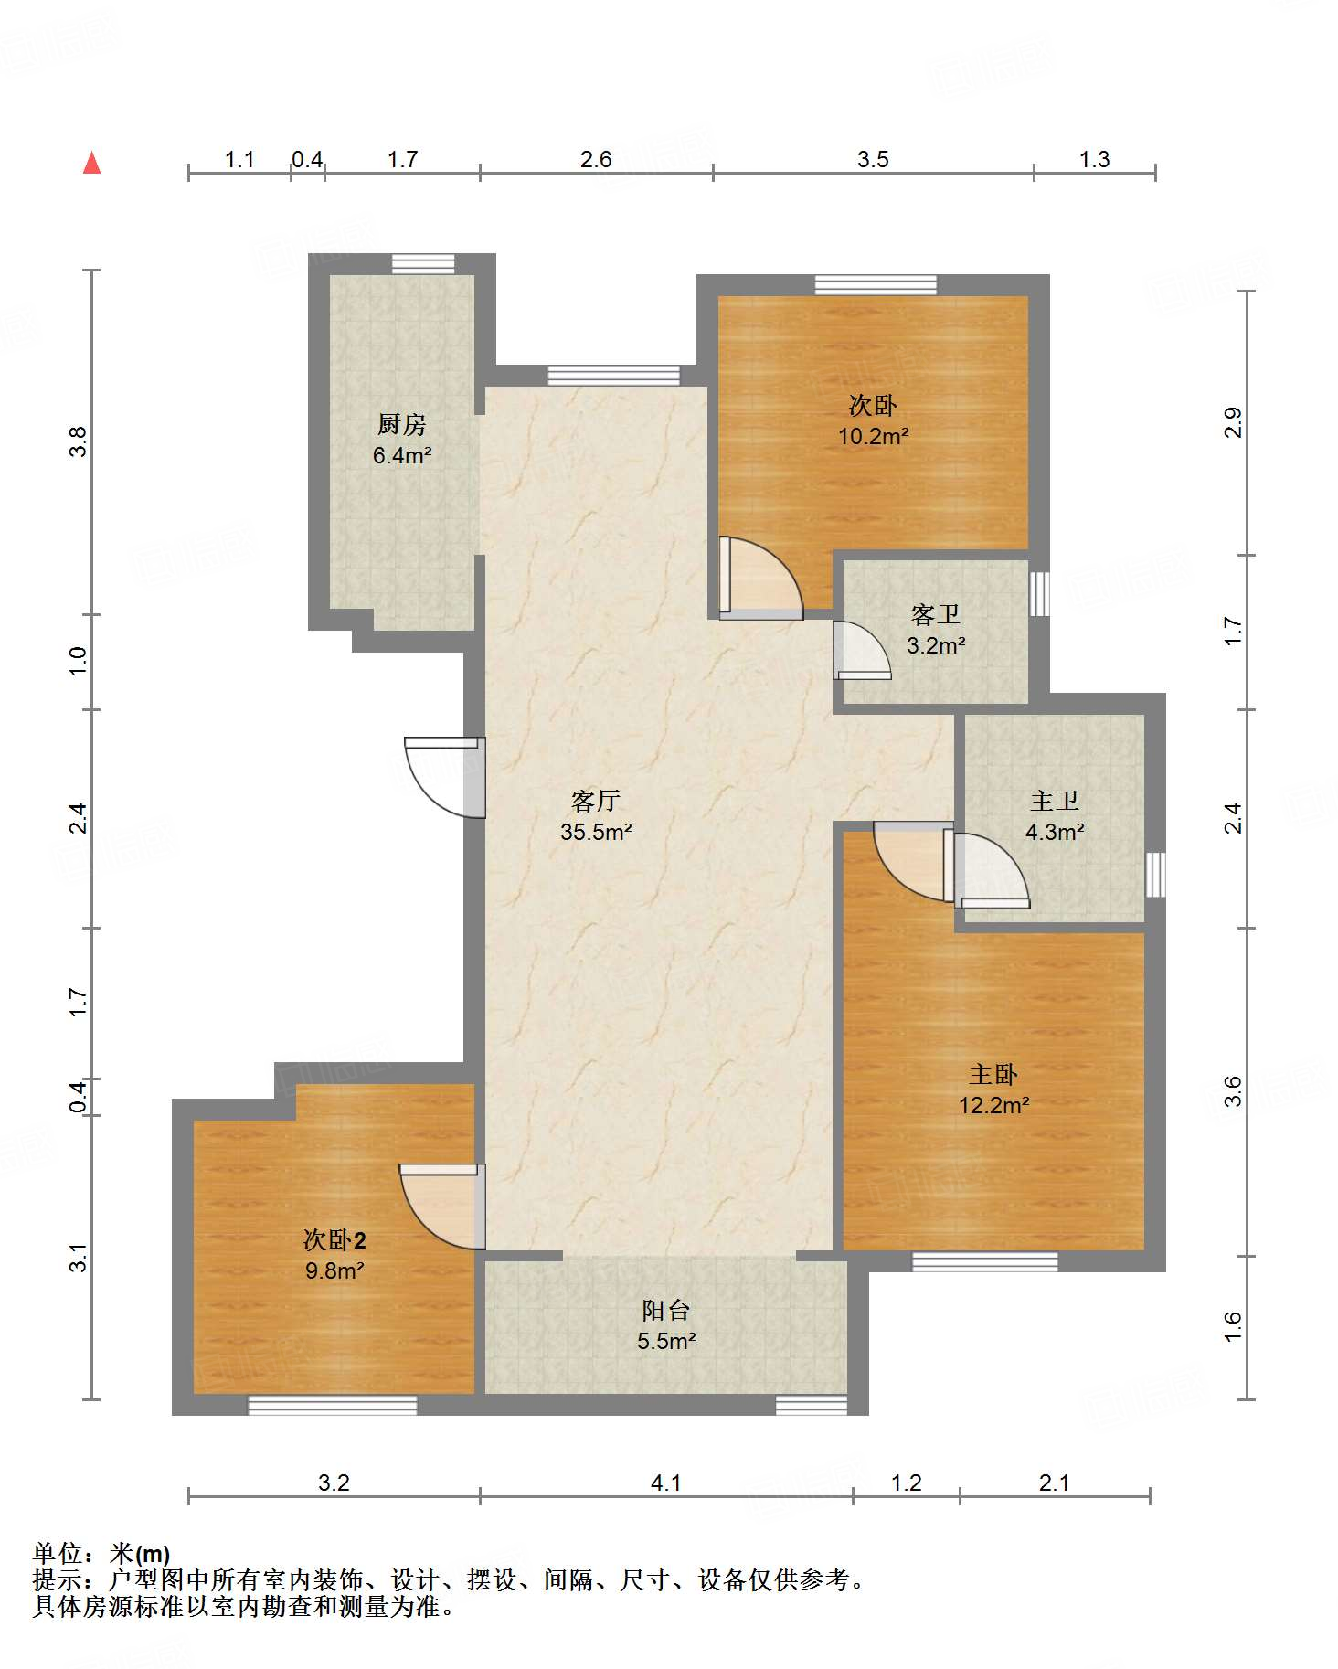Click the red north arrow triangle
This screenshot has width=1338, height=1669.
tap(91, 163)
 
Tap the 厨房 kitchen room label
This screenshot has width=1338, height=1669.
tap(402, 424)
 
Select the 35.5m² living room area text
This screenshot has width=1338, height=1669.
tap(596, 832)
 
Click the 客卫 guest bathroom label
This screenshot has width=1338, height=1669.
tap(935, 614)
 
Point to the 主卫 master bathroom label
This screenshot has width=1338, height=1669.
tap(1055, 802)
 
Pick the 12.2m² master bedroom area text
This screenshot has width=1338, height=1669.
tap(993, 1105)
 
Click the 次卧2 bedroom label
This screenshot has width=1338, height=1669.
tap(334, 1240)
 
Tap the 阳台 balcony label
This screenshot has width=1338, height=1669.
tap(665, 1311)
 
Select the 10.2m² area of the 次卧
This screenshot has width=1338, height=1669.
tap(874, 436)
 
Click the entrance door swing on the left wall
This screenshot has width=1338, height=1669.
tap(444, 777)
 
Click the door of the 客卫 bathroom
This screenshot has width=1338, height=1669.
tap(862, 650)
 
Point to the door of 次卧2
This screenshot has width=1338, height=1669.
tap(441, 1207)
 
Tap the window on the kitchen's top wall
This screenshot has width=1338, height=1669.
tap(423, 264)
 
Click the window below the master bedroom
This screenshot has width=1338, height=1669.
tap(985, 1262)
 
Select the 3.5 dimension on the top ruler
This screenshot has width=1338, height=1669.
tap(873, 160)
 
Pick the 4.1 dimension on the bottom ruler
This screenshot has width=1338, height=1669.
tap(665, 1483)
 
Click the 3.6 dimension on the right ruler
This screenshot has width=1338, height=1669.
tap(1233, 1091)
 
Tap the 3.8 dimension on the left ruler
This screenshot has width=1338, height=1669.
tap(79, 441)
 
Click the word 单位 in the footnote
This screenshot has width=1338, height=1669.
tap(58, 1553)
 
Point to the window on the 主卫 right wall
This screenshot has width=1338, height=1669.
tap(1156, 875)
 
